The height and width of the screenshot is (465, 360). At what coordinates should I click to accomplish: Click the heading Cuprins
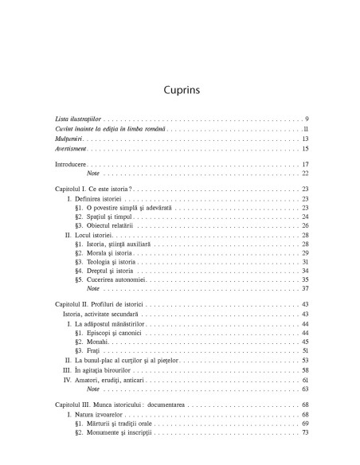[x=179, y=89]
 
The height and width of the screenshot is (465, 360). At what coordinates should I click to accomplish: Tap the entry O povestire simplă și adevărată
[x=119, y=208]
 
